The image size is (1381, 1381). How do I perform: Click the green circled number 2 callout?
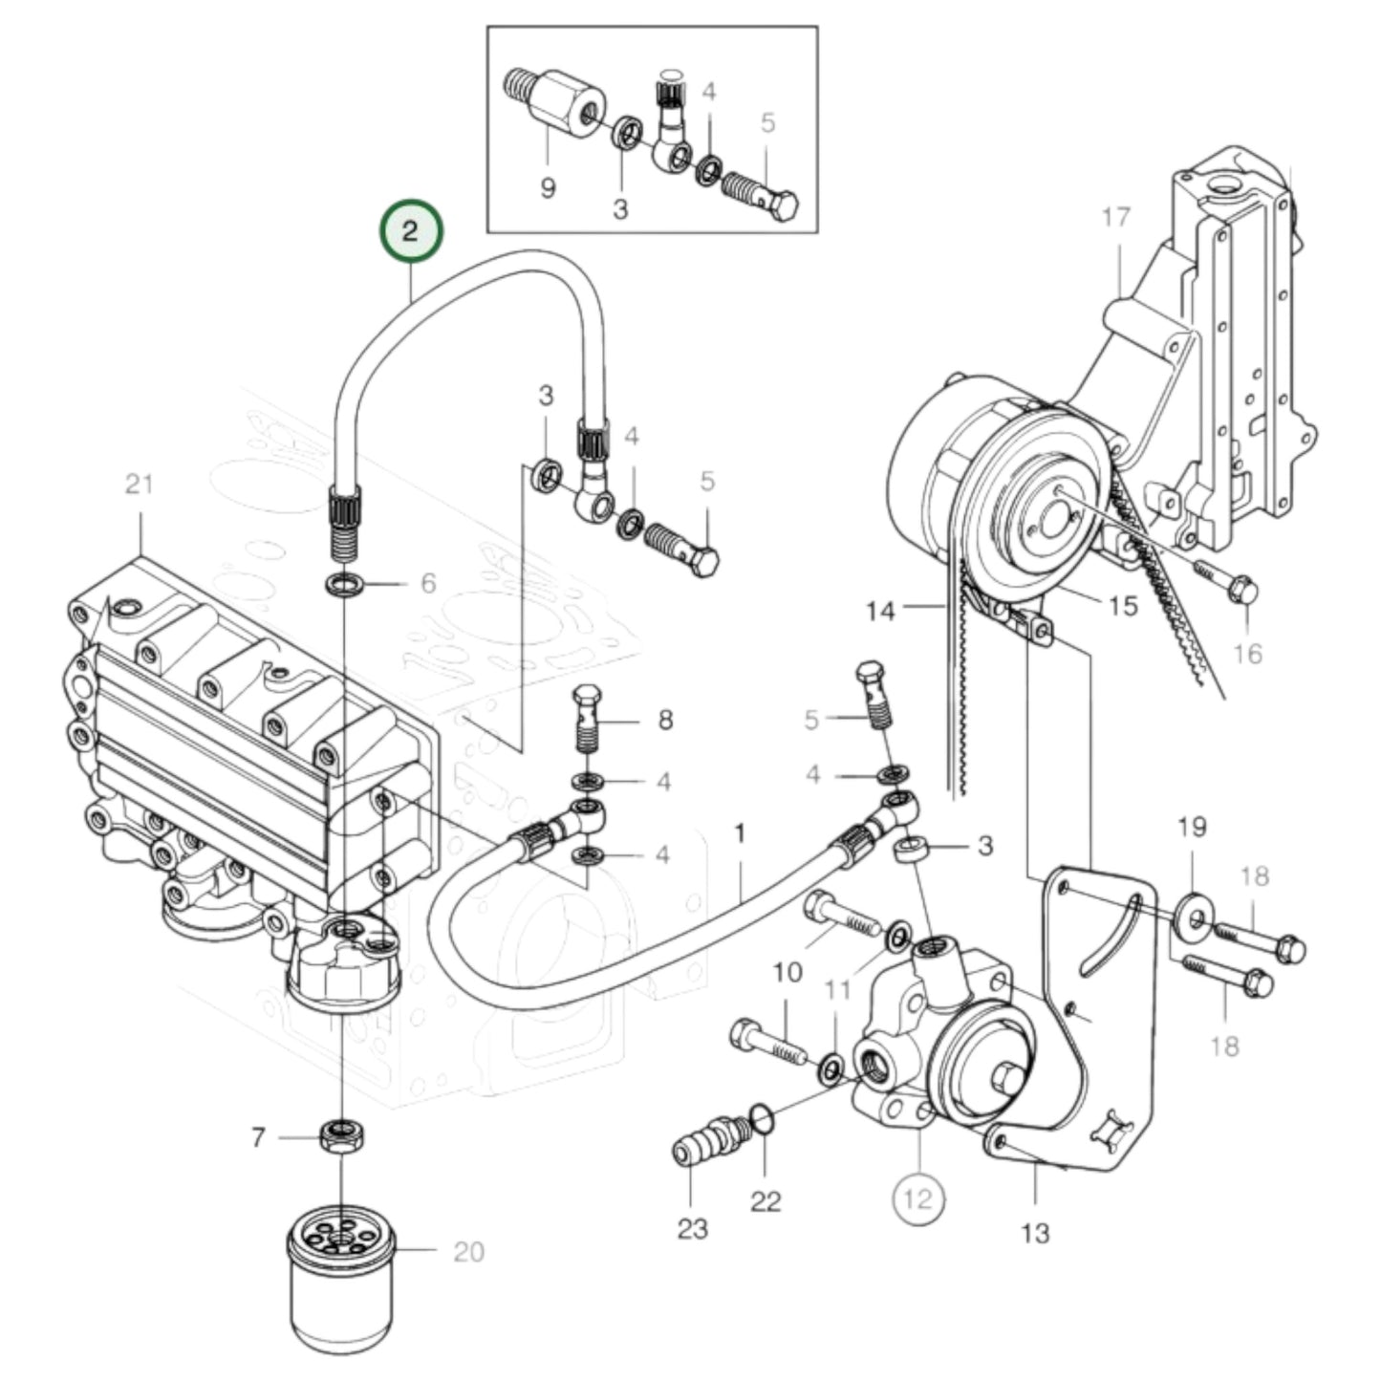pos(410,232)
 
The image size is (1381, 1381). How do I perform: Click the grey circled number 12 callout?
pos(917,1198)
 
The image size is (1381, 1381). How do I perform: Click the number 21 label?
pos(140,485)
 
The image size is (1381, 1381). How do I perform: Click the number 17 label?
pos(1115,218)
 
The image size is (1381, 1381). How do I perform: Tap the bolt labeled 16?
pos(1229,584)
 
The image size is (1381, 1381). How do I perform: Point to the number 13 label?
pos(1035,1233)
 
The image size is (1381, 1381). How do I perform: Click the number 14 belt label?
pos(880,610)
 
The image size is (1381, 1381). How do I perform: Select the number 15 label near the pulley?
pos(1123,606)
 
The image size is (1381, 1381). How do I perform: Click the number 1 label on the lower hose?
pos(739,834)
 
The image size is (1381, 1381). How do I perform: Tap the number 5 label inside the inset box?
pos(768,123)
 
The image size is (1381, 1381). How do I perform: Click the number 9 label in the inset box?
pos(548,186)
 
